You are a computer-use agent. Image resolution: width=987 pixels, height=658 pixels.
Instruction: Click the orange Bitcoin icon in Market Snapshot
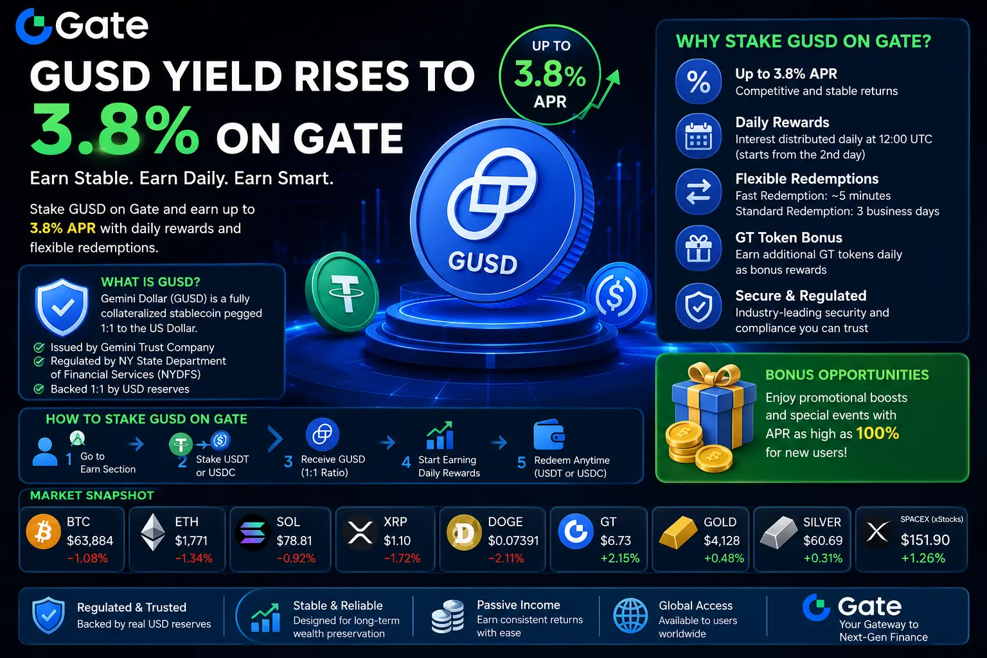point(43,531)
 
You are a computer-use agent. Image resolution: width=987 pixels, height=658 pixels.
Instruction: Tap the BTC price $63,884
point(90,540)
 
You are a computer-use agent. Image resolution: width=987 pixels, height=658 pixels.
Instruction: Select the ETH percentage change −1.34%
point(193,558)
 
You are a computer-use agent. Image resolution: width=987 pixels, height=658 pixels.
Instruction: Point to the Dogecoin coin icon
point(463,533)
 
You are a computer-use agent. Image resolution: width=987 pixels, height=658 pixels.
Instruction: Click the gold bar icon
point(678,533)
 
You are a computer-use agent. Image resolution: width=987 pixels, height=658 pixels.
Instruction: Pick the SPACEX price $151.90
point(925,540)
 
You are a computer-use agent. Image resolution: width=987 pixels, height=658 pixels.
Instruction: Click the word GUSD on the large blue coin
point(483,263)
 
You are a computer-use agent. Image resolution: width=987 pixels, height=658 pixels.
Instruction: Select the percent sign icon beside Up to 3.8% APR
point(698,82)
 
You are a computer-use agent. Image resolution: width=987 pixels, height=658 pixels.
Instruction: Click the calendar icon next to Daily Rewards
point(698,136)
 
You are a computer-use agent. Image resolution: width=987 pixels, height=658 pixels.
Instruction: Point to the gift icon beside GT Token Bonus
point(698,248)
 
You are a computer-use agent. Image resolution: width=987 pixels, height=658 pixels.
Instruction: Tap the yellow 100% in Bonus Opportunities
point(877,433)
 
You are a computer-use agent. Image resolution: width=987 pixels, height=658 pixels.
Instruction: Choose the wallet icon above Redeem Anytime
point(549,434)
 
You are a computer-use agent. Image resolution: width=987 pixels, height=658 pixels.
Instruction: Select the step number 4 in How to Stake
point(406,462)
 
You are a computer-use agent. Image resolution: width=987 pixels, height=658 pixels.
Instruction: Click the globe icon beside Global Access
point(630,616)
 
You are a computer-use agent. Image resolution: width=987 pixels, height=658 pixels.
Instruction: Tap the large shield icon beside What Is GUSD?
point(62,307)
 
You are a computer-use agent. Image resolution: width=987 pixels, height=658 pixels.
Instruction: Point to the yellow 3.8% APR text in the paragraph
point(62,228)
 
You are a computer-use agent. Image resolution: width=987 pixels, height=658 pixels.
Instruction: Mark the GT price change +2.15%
point(620,558)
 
